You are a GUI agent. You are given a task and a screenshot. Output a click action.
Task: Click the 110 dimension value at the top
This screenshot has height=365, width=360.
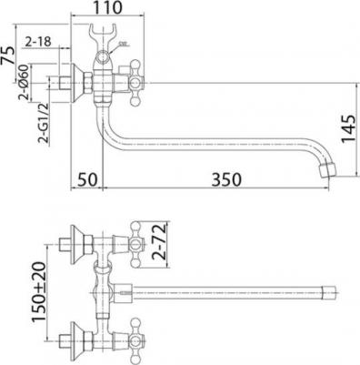(107, 7)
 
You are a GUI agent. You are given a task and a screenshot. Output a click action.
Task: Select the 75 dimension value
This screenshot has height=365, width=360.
(8, 55)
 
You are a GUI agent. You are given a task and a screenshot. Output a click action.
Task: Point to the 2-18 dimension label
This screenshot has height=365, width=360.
(38, 42)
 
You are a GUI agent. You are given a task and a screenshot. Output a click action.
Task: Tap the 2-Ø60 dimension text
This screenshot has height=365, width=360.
(25, 82)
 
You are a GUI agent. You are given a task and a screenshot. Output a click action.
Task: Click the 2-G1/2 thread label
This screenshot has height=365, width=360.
(43, 123)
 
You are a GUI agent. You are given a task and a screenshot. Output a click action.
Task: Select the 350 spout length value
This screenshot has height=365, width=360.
(226, 179)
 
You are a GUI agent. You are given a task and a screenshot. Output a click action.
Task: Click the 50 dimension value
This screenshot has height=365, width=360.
(87, 179)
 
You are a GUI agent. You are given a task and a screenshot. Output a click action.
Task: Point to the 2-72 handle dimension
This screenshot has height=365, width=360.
(159, 241)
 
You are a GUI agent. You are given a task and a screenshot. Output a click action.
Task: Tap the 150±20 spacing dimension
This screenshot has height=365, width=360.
(39, 291)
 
